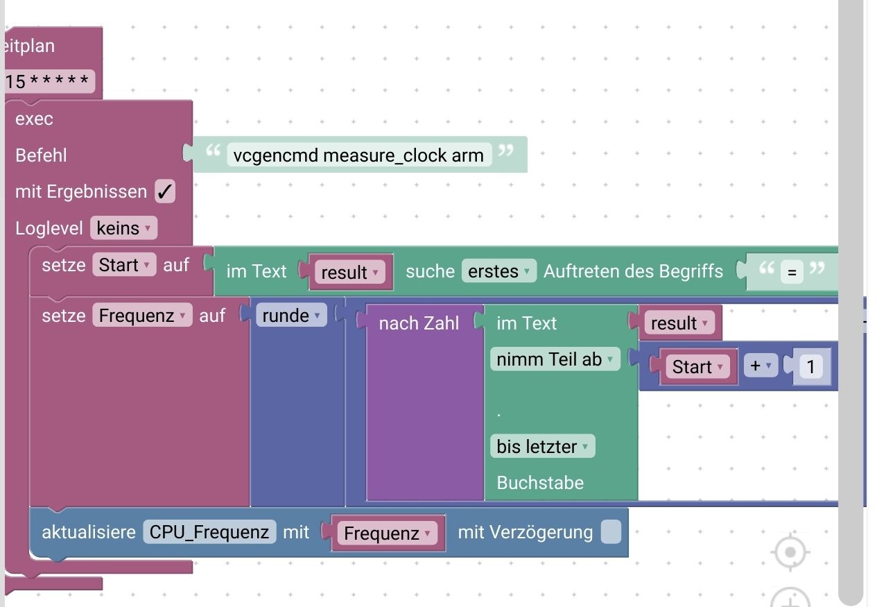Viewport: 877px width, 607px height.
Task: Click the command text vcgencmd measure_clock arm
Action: click(358, 155)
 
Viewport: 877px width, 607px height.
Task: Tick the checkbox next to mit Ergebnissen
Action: click(165, 191)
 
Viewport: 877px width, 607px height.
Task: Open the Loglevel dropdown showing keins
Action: click(123, 228)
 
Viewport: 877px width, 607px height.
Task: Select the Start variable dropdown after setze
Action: click(124, 265)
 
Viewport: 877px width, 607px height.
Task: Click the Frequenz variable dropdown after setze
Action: click(142, 316)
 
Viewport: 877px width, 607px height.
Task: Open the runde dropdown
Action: click(290, 316)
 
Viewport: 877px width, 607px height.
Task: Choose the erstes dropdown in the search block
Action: click(498, 271)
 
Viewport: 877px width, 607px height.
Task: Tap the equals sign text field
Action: click(792, 272)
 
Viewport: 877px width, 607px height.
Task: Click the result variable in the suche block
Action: click(349, 272)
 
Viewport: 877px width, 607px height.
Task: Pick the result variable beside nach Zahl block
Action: click(678, 323)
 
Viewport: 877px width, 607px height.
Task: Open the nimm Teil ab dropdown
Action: click(555, 359)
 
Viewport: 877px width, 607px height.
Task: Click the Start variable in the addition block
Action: click(697, 366)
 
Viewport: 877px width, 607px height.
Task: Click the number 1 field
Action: click(810, 366)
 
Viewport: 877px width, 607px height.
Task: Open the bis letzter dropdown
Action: click(542, 446)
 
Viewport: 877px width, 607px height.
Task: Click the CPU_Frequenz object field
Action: click(209, 532)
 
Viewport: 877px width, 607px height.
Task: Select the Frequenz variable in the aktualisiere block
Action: click(387, 533)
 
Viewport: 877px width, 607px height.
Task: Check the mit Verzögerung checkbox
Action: click(611, 532)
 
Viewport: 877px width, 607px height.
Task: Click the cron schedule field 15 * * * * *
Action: click(47, 82)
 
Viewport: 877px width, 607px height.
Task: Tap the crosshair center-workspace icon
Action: click(790, 553)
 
